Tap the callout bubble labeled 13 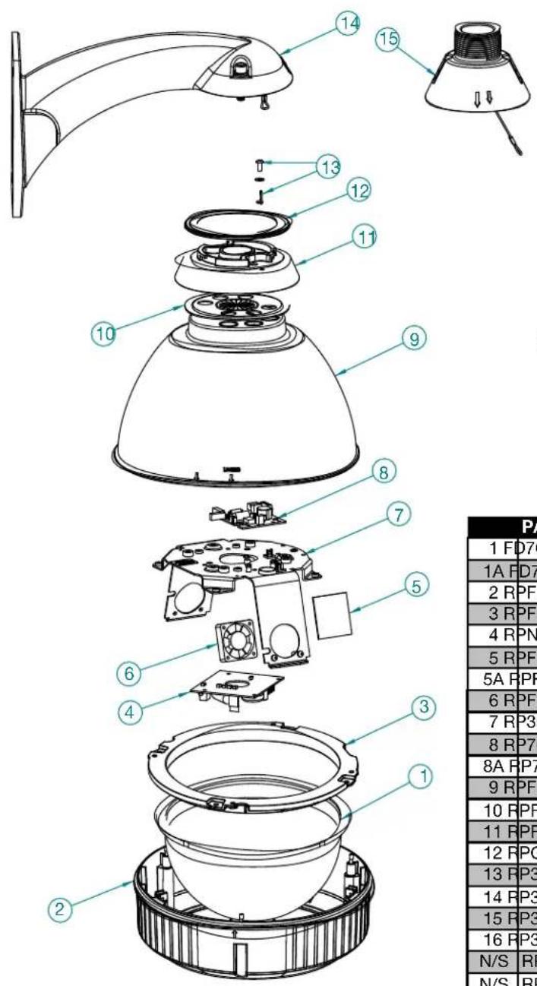click(330, 167)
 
